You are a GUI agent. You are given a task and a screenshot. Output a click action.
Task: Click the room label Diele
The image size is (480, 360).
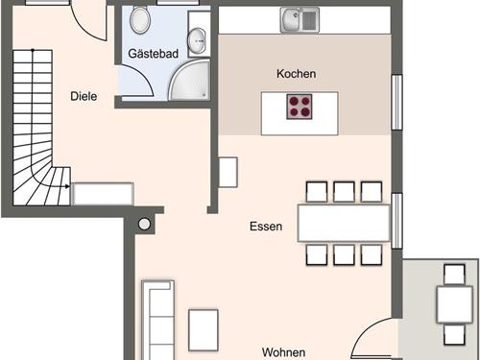(84, 96)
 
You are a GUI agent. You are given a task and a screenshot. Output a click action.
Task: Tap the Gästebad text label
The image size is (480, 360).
(153, 54)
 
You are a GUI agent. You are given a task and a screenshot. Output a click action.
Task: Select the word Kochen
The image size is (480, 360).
(296, 74)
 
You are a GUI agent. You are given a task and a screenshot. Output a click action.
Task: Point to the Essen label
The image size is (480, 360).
(266, 227)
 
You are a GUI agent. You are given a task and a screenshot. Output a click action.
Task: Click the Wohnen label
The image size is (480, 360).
(283, 352)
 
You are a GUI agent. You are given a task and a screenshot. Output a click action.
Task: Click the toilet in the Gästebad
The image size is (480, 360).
(140, 19)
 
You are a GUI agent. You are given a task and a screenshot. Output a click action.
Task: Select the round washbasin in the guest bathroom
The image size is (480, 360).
(197, 40)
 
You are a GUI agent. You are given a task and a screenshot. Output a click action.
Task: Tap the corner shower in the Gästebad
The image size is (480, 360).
(189, 80)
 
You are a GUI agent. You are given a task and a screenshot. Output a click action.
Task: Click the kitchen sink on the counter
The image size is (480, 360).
(300, 20)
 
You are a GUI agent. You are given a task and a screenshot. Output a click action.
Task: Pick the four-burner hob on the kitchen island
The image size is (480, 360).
(300, 107)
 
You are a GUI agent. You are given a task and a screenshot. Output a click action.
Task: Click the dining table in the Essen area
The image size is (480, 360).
(344, 223)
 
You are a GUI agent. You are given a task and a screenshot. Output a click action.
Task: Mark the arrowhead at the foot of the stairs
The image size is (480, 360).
(67, 186)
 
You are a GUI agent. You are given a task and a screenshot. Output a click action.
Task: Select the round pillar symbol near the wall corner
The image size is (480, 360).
(144, 224)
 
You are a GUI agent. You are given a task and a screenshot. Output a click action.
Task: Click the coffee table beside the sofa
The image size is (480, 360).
(204, 330)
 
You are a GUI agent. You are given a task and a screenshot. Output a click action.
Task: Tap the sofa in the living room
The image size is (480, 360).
(157, 320)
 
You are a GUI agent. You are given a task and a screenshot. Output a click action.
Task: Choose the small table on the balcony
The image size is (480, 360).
(454, 304)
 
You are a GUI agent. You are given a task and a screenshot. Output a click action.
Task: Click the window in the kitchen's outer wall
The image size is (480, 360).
(396, 102)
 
